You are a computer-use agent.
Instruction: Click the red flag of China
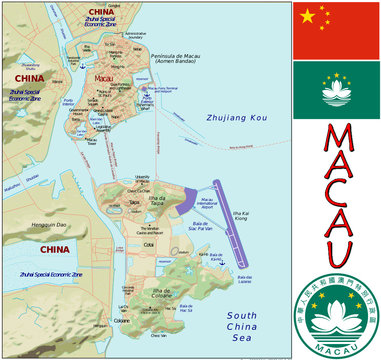coord(336,29)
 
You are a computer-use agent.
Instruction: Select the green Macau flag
coord(336,90)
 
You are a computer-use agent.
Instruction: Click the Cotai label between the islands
coord(149,244)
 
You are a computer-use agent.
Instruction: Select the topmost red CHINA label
coord(108,12)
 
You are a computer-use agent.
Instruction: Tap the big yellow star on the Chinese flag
coord(309,17)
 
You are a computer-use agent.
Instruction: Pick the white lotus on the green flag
coord(336,92)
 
